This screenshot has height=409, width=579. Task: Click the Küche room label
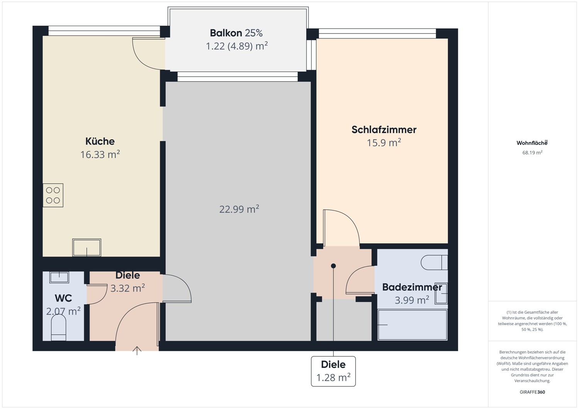(x=100, y=141)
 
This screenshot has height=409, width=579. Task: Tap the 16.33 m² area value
(x=100, y=155)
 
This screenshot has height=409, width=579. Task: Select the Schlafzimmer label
(x=384, y=130)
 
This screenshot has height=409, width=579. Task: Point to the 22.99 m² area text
(x=239, y=209)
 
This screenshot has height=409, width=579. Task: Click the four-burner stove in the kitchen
(x=53, y=195)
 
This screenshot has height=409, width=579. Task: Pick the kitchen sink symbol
(x=86, y=247)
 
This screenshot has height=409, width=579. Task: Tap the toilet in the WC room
(x=59, y=328)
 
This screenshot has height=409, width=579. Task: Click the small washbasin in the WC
(x=59, y=277)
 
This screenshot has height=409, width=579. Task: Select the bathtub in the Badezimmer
(x=412, y=325)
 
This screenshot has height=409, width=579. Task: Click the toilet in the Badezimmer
(x=434, y=263)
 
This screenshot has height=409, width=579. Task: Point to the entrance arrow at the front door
(x=137, y=350)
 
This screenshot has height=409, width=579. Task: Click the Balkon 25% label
(x=236, y=33)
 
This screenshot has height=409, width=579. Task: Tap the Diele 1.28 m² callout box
(x=333, y=371)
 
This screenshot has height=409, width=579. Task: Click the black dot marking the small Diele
(x=333, y=266)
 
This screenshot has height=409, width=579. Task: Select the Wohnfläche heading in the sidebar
(x=532, y=143)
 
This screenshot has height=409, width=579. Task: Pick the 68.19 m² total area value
(x=532, y=153)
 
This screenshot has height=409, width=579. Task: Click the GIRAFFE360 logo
(x=532, y=392)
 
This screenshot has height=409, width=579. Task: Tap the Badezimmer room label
(x=412, y=287)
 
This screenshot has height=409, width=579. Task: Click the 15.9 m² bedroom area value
(x=384, y=143)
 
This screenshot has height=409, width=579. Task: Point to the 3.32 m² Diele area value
(x=128, y=288)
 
